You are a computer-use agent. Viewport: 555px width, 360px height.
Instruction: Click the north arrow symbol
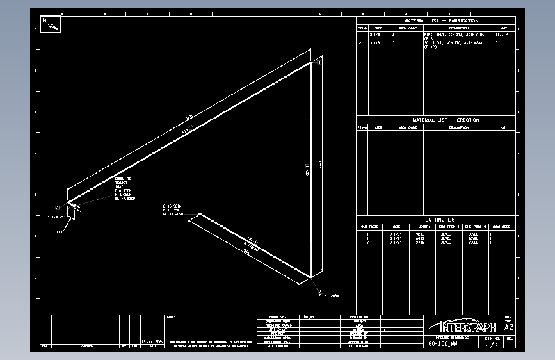point(51,24)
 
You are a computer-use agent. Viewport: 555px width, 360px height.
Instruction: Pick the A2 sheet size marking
point(509,327)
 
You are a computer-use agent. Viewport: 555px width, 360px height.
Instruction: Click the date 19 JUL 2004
point(153,342)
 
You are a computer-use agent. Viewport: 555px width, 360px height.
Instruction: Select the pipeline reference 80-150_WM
point(443,344)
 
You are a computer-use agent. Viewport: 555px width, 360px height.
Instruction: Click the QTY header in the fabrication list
point(504,28)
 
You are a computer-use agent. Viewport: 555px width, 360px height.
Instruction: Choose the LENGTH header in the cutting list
point(424,226)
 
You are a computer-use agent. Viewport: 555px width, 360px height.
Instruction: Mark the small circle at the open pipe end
point(200,214)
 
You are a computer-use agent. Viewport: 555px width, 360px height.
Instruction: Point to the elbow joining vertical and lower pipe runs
point(311,277)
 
